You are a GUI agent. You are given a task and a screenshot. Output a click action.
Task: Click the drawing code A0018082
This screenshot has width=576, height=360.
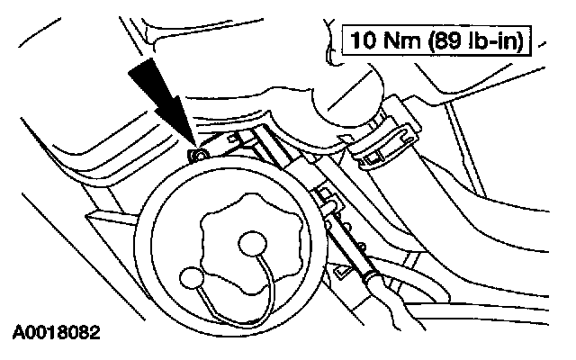point(56,331)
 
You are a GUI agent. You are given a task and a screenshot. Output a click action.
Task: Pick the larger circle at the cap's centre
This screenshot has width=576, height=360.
point(251,244)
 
